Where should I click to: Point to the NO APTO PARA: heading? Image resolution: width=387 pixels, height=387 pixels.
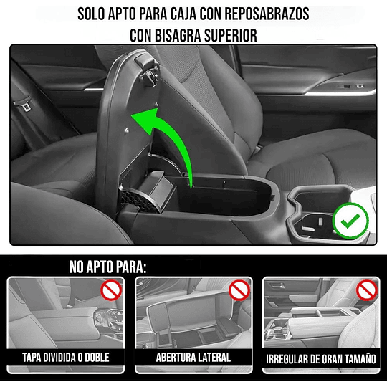coord(107,267)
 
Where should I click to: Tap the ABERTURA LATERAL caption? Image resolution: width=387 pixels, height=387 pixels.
coord(193,356)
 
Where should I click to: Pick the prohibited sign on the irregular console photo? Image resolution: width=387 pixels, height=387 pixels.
coord(366,291)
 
